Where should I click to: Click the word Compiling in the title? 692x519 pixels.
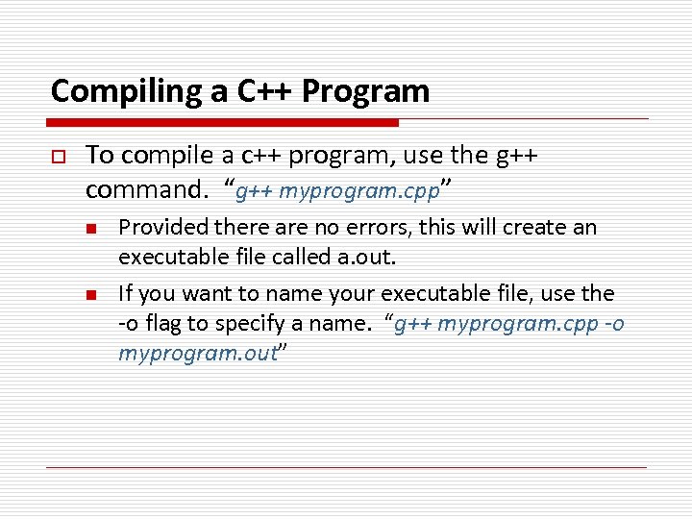click(113, 91)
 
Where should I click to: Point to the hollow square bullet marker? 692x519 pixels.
click(58, 156)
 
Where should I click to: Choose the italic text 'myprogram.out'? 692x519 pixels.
click(197, 354)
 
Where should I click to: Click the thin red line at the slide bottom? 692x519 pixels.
click(346, 467)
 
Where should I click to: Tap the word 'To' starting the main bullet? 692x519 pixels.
click(98, 156)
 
